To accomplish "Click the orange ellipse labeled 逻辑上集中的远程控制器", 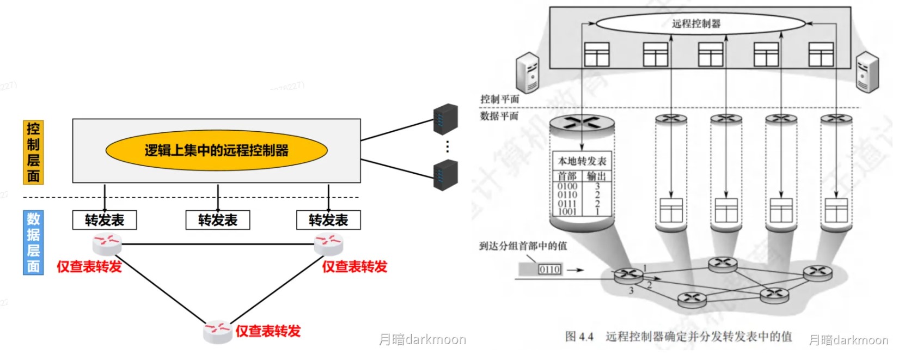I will pyautogui.click(x=216, y=150).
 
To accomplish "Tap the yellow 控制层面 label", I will pyautogui.click(x=33, y=152).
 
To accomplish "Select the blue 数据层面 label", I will pyautogui.click(x=33, y=242).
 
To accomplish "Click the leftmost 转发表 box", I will pyautogui.click(x=105, y=220).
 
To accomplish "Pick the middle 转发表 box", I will pyautogui.click(x=218, y=220).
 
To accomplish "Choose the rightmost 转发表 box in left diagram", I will pyautogui.click(x=328, y=220).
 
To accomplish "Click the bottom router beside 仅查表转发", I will pyautogui.click(x=217, y=331).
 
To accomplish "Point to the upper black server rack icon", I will pyautogui.click(x=445, y=120).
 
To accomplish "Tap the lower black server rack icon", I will pyautogui.click(x=445, y=175).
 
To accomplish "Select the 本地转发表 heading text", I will pyautogui.click(x=582, y=161).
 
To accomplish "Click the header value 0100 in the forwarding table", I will pyautogui.click(x=567, y=186).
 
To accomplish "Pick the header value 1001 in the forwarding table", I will pyautogui.click(x=567, y=211).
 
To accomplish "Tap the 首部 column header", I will pyautogui.click(x=567, y=176).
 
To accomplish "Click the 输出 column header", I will pyautogui.click(x=597, y=176).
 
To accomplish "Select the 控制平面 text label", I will pyautogui.click(x=499, y=99).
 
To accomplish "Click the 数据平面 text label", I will pyautogui.click(x=499, y=116).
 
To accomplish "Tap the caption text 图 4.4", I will pyautogui.click(x=579, y=337).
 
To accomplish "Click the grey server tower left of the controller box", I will pyautogui.click(x=527, y=72).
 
